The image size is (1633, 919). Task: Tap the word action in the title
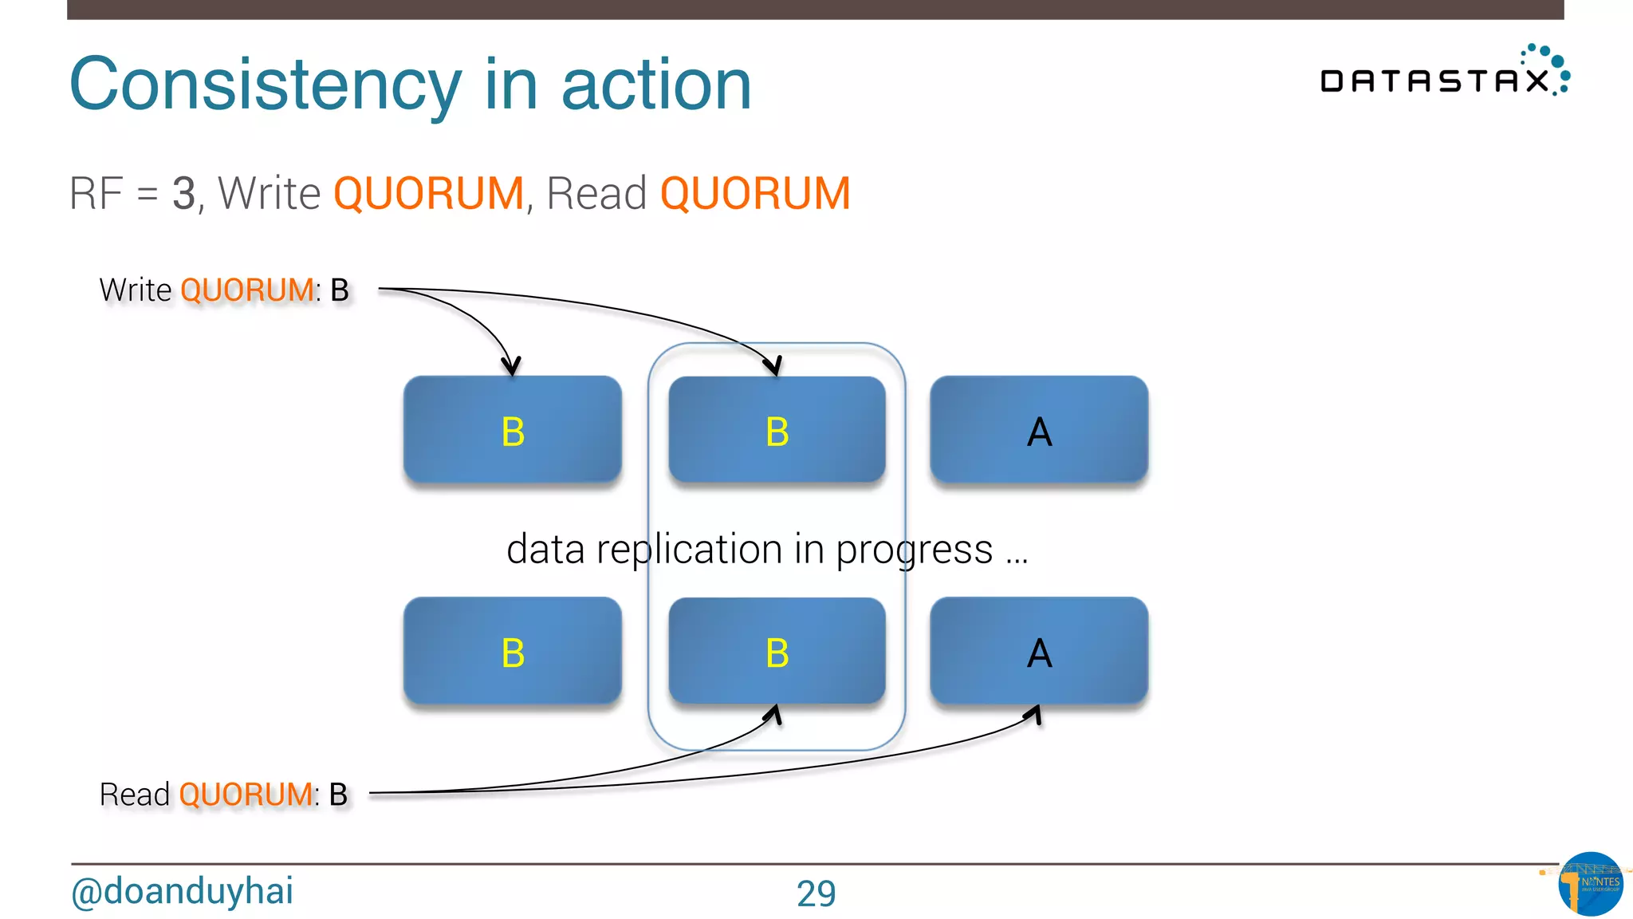(x=656, y=85)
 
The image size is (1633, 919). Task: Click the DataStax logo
(x=1444, y=73)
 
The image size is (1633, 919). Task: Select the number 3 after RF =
(x=183, y=193)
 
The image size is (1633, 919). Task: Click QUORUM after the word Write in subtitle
(x=428, y=193)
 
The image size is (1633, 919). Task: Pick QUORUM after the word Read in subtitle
(x=755, y=193)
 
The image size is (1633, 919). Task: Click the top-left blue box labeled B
(x=513, y=430)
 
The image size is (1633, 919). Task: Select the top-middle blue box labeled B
(x=777, y=430)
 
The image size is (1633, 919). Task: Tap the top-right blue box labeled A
(x=1039, y=430)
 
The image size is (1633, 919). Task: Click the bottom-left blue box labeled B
(x=513, y=651)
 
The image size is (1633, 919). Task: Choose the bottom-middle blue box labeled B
(x=777, y=651)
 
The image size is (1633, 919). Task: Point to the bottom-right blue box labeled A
(x=1039, y=651)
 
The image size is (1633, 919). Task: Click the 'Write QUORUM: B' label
(x=224, y=290)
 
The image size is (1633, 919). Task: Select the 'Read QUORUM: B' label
(x=223, y=795)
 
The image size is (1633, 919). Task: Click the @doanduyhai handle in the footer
(x=182, y=891)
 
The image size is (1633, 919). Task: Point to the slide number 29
(x=816, y=893)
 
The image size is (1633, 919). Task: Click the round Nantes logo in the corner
(x=1590, y=884)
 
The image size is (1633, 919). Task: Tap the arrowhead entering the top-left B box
(x=511, y=366)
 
